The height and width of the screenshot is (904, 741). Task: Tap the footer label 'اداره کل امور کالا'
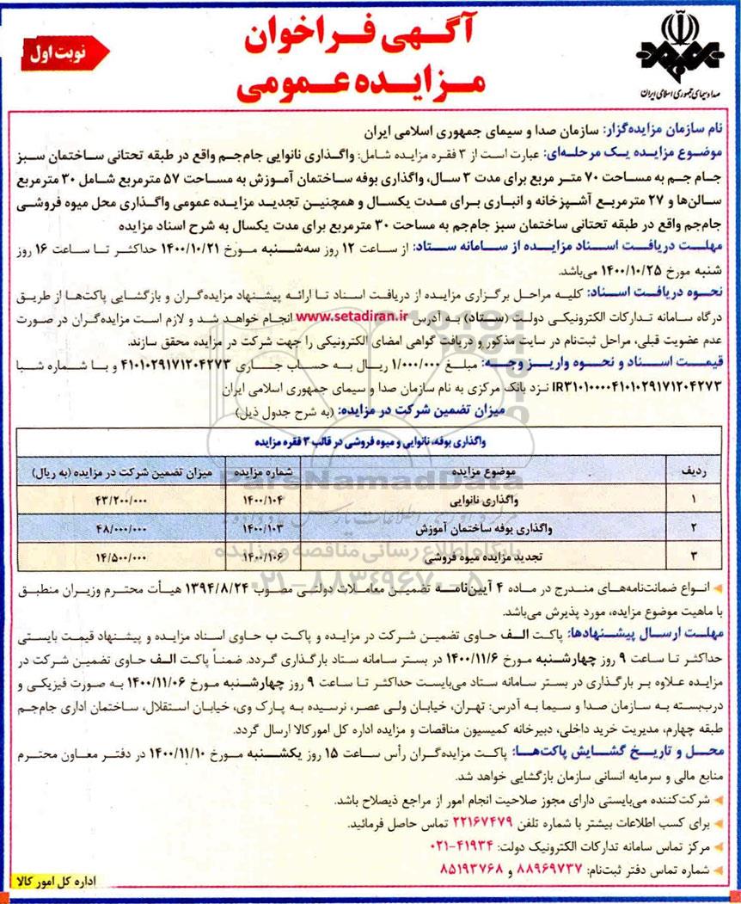point(64,882)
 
